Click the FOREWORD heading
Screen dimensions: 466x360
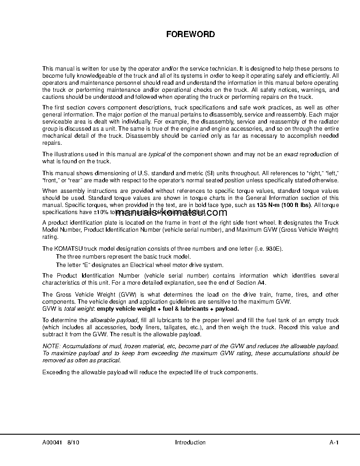(190, 34)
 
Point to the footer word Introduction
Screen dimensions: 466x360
(190, 443)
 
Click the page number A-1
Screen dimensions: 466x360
(334, 443)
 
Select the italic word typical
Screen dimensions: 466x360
(156, 154)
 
